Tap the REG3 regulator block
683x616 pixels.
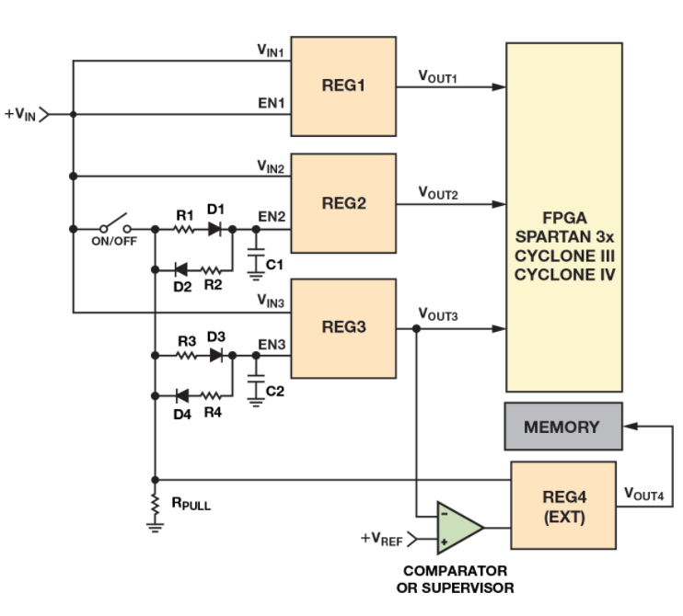point(343,328)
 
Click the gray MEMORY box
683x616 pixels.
point(561,428)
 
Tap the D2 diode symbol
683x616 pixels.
point(181,268)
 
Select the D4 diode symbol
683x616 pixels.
point(181,394)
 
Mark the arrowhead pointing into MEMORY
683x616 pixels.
point(630,428)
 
